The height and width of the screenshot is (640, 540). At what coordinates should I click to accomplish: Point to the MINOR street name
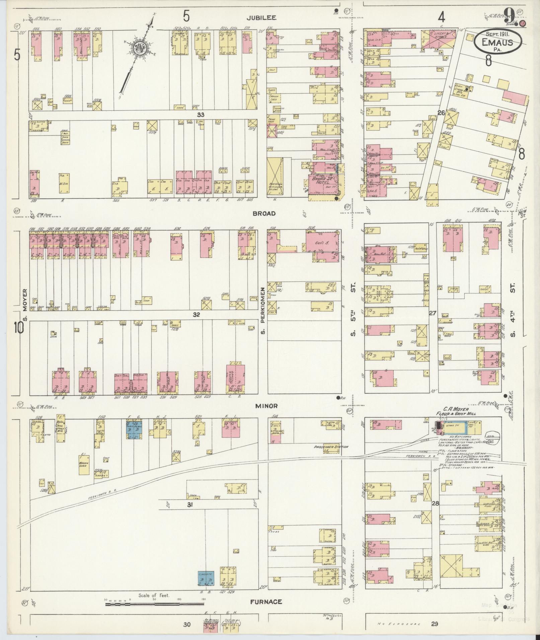pos(266,406)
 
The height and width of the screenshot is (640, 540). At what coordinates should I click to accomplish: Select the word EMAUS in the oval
pos(497,43)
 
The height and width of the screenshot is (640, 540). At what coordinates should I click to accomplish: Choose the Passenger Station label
pos(326,447)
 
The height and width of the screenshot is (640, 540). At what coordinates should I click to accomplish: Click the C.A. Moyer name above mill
pos(456,409)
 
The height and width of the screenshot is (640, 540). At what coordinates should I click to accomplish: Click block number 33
pos(201,115)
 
